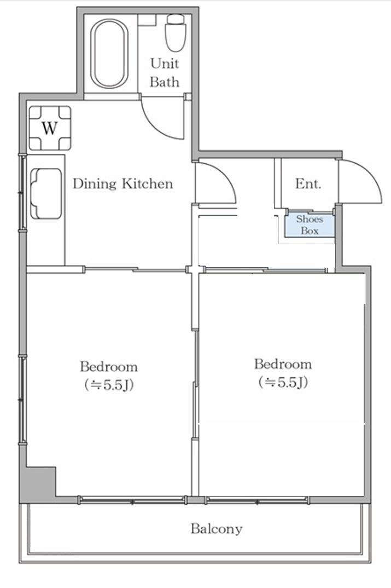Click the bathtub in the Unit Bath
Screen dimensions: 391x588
tap(109, 54)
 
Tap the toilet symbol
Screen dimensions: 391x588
tap(176, 33)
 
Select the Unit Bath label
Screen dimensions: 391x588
tap(165, 73)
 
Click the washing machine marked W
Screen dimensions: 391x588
tap(50, 128)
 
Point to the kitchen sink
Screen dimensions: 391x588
tap(46, 193)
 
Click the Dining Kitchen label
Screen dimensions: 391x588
tap(123, 184)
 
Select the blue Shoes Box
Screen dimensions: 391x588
tap(310, 225)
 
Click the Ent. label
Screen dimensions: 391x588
tap(308, 184)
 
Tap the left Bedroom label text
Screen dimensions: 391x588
tap(109, 366)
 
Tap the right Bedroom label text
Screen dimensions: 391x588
tap(283, 364)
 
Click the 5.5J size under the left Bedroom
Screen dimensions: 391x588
tap(109, 385)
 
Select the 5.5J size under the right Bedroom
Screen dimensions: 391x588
tap(283, 383)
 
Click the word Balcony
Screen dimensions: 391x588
tap(217, 529)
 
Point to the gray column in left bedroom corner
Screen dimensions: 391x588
tap(37, 485)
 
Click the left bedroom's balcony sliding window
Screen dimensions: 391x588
tap(132, 499)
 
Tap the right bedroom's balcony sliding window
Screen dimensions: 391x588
tap(257, 499)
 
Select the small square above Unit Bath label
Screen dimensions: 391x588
tap(147, 20)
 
